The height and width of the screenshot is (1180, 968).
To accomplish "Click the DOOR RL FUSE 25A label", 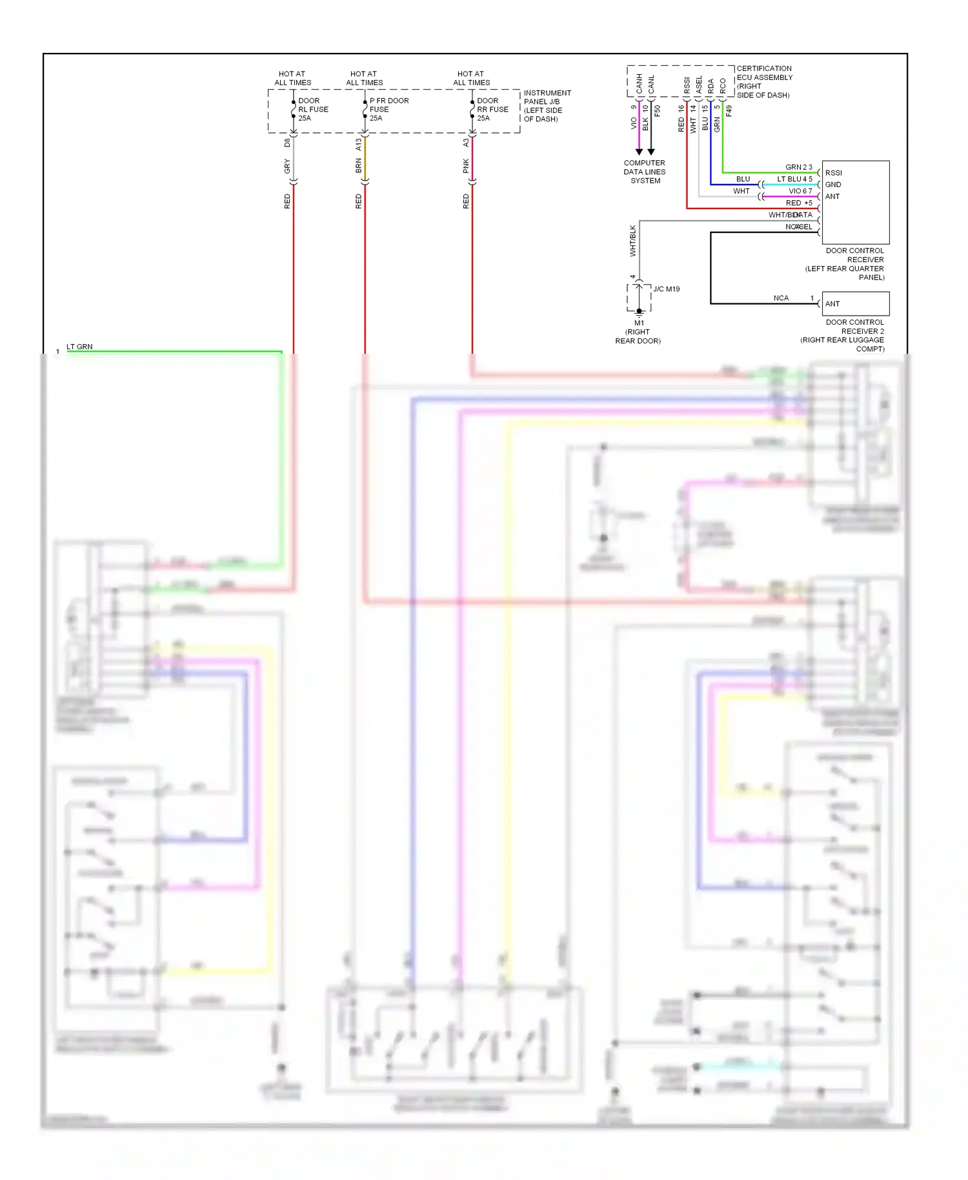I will click(312, 109).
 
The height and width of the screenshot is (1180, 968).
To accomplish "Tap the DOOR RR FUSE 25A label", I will click(492, 109).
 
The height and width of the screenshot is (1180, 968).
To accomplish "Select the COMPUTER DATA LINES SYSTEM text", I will click(644, 172).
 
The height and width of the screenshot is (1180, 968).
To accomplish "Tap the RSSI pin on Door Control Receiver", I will click(833, 173).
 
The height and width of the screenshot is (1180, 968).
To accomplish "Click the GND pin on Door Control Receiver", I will click(832, 185).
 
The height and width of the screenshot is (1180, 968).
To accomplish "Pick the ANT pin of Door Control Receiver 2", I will click(832, 303).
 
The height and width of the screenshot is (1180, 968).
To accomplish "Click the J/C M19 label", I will click(666, 289).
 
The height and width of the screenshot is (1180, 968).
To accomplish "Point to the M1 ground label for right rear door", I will click(638, 323).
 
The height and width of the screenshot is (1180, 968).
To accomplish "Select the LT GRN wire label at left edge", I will click(79, 347).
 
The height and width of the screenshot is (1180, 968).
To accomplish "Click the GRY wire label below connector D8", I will click(287, 167).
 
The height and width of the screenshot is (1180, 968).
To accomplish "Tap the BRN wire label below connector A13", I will click(358, 167).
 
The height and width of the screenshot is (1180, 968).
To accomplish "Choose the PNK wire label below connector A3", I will click(466, 167).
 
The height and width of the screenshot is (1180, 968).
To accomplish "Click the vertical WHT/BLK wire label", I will click(632, 241).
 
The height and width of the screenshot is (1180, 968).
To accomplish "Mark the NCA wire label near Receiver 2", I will click(781, 298).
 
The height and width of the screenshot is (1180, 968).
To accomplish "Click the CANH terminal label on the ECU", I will click(639, 83).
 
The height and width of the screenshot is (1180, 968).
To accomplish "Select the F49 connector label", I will click(729, 111).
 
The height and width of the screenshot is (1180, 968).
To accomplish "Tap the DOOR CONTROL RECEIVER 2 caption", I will click(854, 327).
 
